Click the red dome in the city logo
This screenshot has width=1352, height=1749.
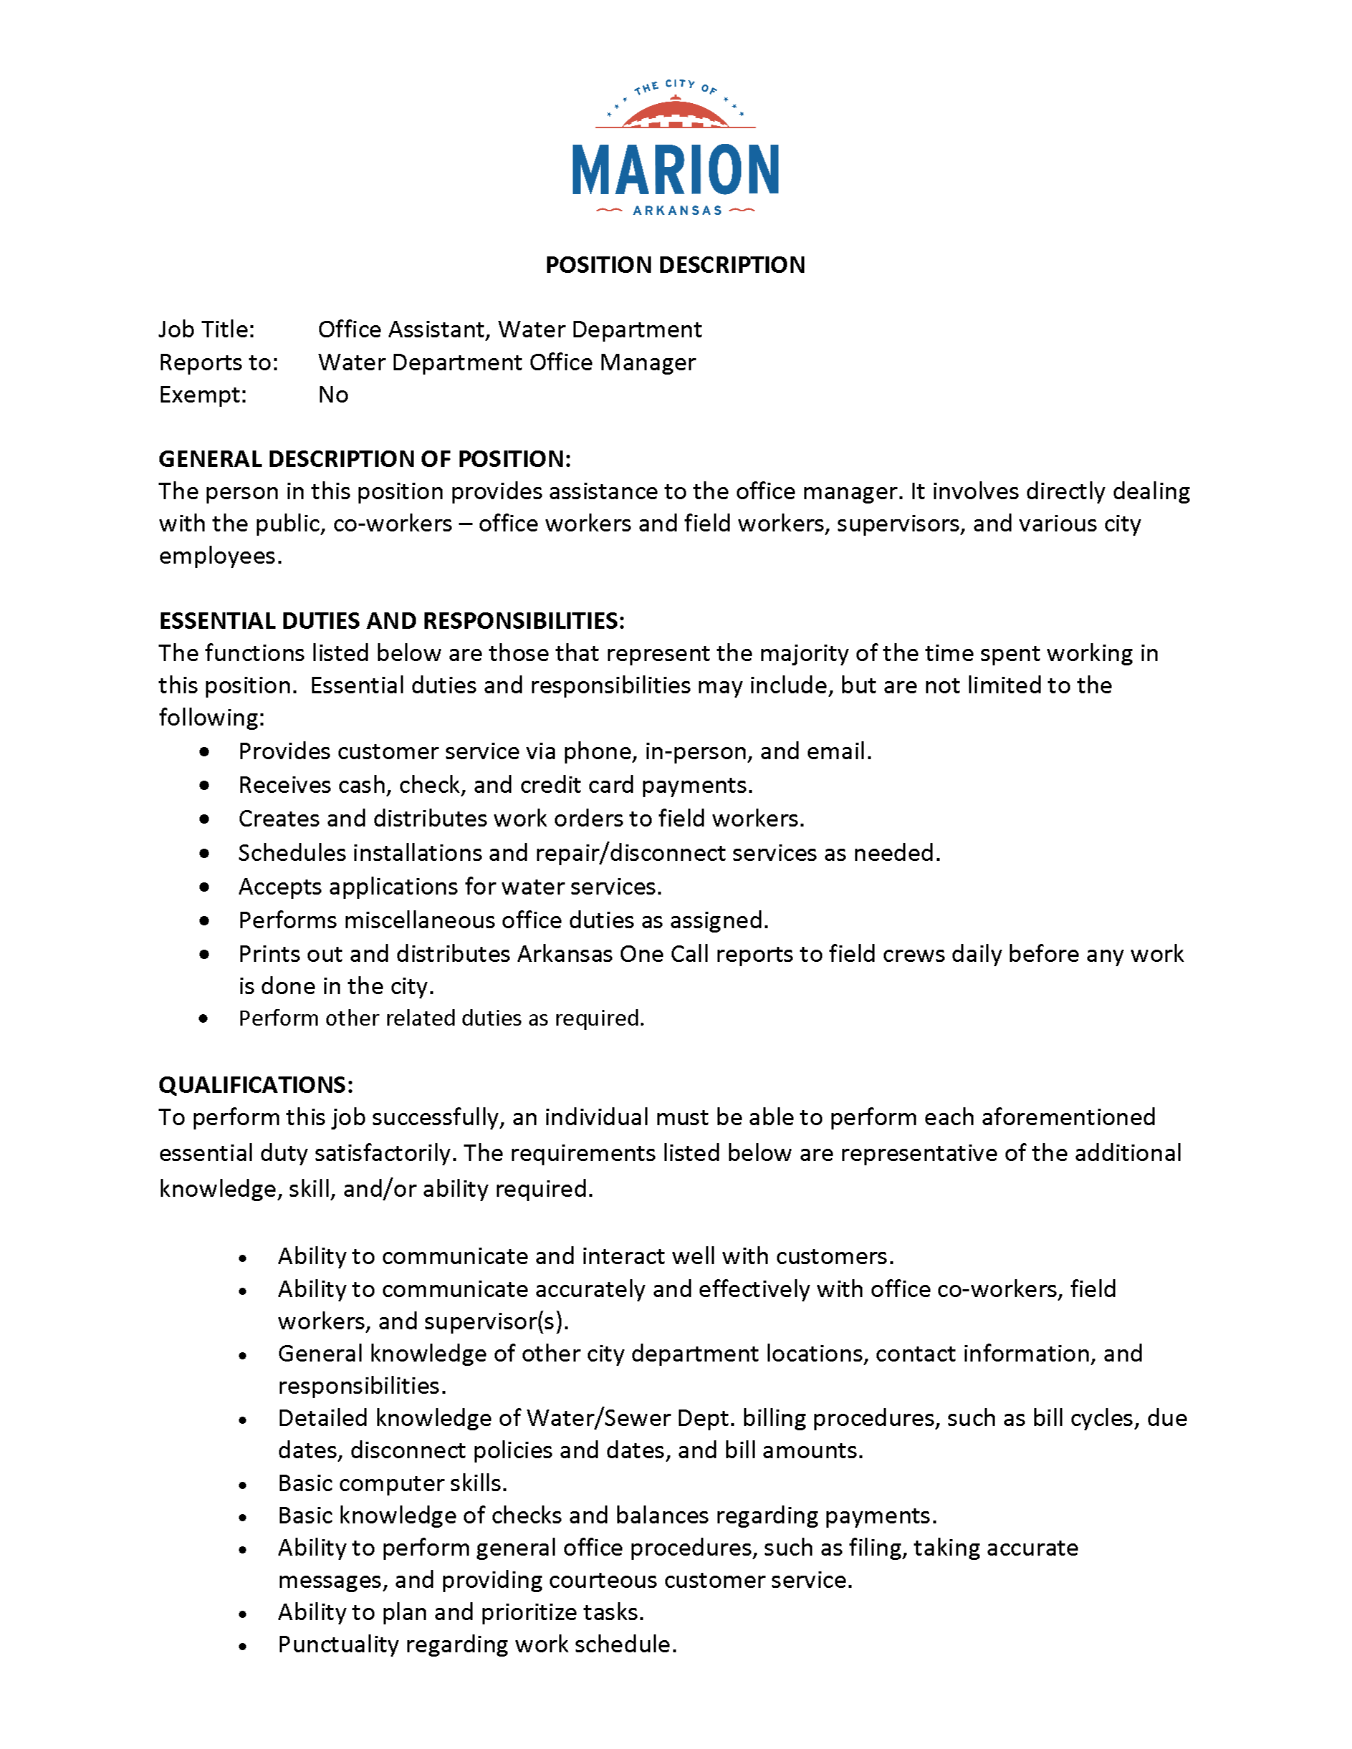(x=675, y=114)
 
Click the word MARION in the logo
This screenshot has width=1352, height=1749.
(x=675, y=170)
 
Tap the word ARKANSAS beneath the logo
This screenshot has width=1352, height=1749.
(x=678, y=211)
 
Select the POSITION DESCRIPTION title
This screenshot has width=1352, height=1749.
(x=675, y=265)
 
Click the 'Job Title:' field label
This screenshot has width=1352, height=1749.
(x=206, y=330)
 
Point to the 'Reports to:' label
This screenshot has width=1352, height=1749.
(x=219, y=363)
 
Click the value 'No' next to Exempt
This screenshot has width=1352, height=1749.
(x=333, y=395)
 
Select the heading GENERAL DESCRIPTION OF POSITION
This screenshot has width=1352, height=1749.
(x=365, y=459)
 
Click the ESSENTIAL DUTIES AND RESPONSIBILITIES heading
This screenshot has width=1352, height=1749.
(x=392, y=621)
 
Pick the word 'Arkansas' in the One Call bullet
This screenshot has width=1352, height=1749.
(x=565, y=955)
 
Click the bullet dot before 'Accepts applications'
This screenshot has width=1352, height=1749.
(x=205, y=887)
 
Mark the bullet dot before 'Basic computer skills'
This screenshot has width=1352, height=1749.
(x=243, y=1485)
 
